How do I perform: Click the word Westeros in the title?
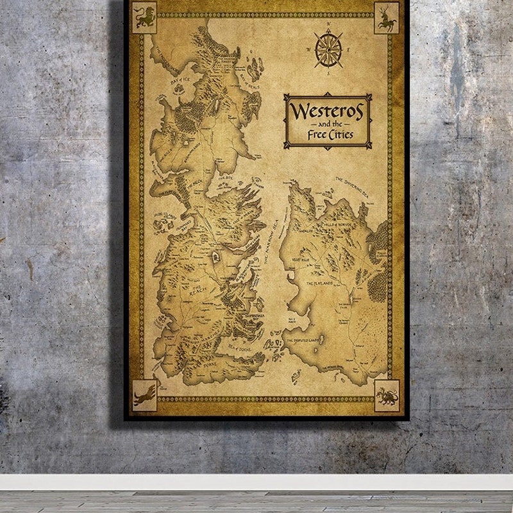coord(327,111)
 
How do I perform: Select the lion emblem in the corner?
coord(144,17)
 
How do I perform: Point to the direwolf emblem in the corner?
coord(144,394)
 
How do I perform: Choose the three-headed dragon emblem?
coord(387,395)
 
